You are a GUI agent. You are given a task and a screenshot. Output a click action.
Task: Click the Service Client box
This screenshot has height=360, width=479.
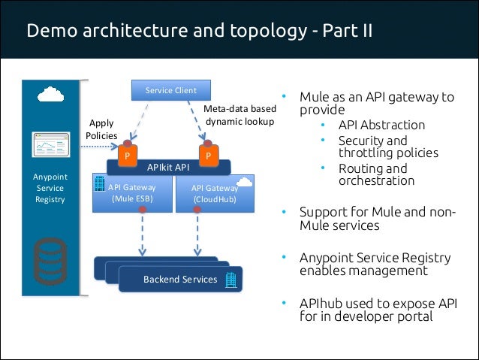coord(170,90)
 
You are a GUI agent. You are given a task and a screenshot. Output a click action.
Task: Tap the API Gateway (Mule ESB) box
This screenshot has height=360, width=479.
coord(131,193)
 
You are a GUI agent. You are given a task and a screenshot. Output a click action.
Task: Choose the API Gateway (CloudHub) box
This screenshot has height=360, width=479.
coord(214,193)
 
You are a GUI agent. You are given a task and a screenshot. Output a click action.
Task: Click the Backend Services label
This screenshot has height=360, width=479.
coord(180,280)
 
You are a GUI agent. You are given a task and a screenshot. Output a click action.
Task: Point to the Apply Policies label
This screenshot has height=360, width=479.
coord(101,129)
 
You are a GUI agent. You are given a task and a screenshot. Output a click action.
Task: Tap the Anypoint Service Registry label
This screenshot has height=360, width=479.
coord(50,188)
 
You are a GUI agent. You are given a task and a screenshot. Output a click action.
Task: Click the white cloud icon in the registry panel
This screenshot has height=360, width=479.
coord(50,95)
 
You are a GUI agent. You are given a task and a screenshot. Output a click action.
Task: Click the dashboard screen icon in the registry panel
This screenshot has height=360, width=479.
coord(50,144)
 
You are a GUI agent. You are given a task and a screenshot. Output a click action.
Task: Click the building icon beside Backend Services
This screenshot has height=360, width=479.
coord(230,280)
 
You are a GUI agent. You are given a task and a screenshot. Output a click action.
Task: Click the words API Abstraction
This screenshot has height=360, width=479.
coord(381,125)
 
